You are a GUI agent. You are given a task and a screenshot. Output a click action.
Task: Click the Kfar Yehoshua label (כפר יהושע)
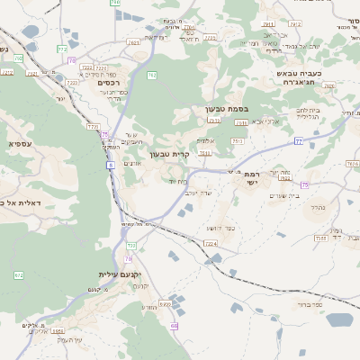click(220, 228)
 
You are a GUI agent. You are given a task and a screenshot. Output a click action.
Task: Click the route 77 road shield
click(297, 141)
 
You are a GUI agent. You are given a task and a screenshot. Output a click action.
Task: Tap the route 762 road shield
click(152, 76)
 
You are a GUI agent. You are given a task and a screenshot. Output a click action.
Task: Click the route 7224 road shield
click(211, 243)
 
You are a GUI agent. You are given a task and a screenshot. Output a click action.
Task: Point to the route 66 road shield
click(174, 326)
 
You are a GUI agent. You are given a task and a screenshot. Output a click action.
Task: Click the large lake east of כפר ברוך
click(340, 319)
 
